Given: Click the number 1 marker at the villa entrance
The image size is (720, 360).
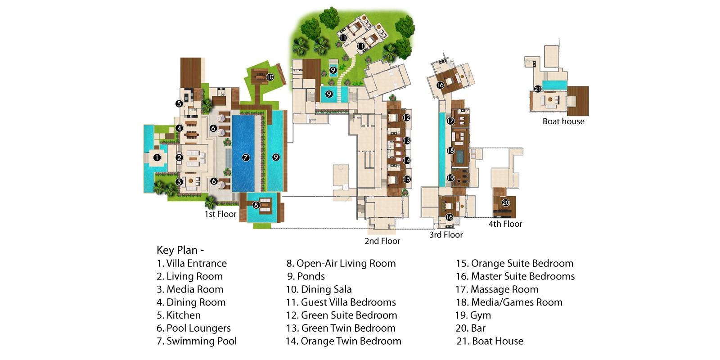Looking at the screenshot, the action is click(x=157, y=157).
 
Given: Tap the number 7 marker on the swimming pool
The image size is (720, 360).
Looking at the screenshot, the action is click(x=246, y=157).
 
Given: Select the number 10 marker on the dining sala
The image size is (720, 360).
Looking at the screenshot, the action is click(x=270, y=77).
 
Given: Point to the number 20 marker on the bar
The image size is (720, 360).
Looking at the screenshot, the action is click(x=506, y=202).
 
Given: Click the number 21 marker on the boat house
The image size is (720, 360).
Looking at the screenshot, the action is click(x=537, y=89).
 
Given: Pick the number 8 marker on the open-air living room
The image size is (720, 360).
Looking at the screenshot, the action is click(x=256, y=205).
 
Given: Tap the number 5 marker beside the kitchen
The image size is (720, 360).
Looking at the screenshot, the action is click(x=179, y=103).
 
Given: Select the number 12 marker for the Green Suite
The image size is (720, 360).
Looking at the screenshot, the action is click(x=406, y=117).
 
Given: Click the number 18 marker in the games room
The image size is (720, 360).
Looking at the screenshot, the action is click(x=450, y=150).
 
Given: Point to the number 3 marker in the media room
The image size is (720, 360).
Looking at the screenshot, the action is click(x=179, y=182).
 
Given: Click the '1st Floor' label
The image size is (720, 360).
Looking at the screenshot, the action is click(x=220, y=214).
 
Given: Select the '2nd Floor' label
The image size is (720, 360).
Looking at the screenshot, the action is click(x=382, y=241).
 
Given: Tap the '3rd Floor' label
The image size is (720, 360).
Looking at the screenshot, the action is click(x=446, y=234).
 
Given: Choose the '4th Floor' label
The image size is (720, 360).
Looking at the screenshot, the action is click(x=505, y=224).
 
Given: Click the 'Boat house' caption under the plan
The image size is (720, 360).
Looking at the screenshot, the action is click(x=563, y=121).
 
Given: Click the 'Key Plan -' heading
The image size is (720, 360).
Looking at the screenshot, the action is click(x=180, y=250).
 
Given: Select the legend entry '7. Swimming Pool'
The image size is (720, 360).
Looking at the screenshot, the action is click(x=197, y=341).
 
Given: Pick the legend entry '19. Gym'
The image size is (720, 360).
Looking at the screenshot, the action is click(x=473, y=315).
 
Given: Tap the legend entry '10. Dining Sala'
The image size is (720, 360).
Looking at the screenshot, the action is click(x=319, y=289).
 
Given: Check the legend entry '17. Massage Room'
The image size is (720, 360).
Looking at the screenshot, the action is click(x=497, y=289).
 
